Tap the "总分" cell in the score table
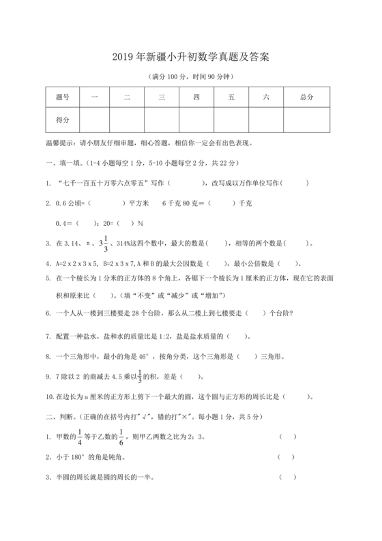tap(306, 98)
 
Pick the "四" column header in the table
tap(196, 98)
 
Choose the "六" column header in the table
tap(266, 98)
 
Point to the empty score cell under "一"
tap(94, 119)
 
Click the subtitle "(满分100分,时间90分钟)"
tap(190, 76)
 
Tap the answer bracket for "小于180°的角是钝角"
tap(286, 458)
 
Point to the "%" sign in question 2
tap(141, 222)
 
